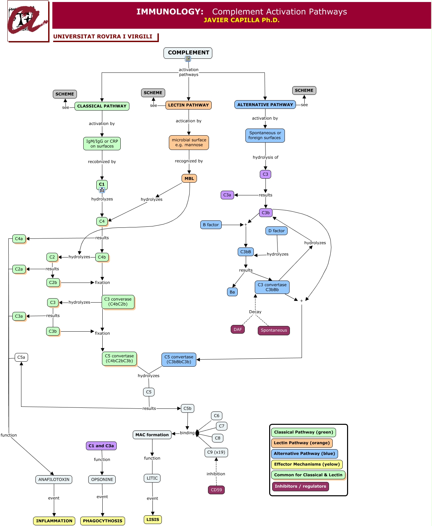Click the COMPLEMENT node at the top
point(188,53)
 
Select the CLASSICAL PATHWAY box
point(102,106)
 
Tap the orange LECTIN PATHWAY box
point(188,105)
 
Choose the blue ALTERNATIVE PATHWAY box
point(265,105)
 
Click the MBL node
point(189,178)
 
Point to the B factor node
point(211,225)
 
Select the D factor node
point(276,231)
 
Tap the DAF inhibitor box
point(237,329)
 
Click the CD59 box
point(216,490)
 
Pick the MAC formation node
point(152,435)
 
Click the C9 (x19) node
point(216,452)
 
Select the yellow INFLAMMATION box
point(54,521)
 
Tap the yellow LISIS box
point(153,520)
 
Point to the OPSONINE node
point(102,480)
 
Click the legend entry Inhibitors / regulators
point(300,486)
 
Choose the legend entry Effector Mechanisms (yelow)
point(307,464)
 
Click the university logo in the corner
point(28,21)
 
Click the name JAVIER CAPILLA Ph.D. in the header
point(241,20)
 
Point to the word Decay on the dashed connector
point(255,312)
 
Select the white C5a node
point(21,357)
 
